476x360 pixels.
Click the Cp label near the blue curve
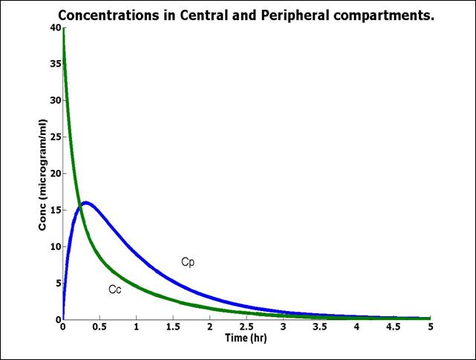pos(187,262)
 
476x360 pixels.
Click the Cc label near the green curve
pos(114,289)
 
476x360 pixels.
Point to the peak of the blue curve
pos(86,202)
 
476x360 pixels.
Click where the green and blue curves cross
pos(79,209)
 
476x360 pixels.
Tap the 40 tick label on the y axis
pos(55,28)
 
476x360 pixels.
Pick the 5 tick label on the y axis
pos(57,283)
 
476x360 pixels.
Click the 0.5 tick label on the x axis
pos(100,327)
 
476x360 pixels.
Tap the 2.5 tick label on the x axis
pos(247,327)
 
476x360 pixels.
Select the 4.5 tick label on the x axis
pos(393,327)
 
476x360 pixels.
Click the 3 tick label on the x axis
pos(283,327)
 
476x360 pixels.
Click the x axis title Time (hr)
pos(246,338)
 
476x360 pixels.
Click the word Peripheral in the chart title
pos(287,15)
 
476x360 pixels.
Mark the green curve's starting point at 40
pos(63,30)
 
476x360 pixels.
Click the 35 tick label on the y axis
pos(55,65)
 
